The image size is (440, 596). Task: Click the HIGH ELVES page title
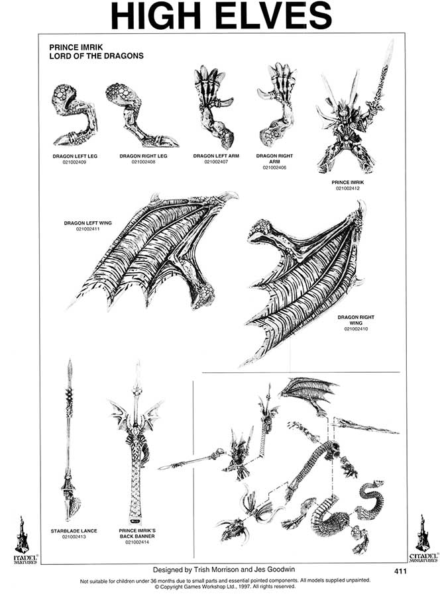click(221, 16)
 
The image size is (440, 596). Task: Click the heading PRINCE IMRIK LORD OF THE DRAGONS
click(96, 52)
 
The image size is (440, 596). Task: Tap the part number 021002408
click(143, 162)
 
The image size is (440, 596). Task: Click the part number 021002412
click(349, 189)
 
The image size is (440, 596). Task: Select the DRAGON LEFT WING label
click(87, 223)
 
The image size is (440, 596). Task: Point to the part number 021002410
click(356, 328)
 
